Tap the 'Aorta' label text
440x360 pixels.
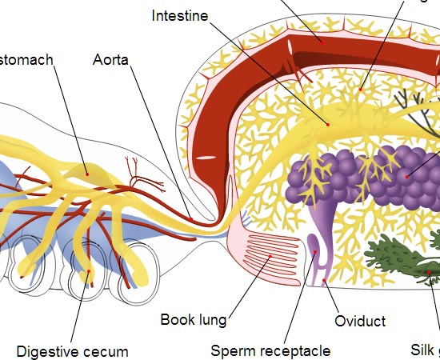click(110, 59)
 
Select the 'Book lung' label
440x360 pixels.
click(193, 320)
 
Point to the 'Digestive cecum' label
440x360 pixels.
click(72, 351)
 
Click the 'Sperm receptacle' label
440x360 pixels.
click(270, 350)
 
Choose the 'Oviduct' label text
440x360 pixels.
click(359, 321)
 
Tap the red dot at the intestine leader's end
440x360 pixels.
click(327, 124)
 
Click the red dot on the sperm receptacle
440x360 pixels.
click(317, 253)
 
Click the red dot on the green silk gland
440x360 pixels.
click(430, 273)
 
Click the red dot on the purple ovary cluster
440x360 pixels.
click(407, 176)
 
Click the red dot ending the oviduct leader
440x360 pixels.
click(323, 282)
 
